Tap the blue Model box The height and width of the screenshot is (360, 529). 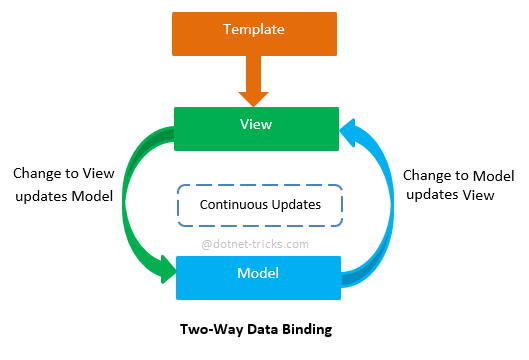coord(259,277)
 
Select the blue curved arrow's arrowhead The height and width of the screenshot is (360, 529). coord(350,128)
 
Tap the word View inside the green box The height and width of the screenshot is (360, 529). coord(255,126)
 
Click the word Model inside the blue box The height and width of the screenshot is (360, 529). coord(257,273)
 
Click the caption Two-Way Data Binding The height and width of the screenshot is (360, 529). coord(257,329)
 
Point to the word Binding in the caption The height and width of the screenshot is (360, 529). coord(308,329)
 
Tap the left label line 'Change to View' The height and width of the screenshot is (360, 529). coord(63,173)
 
